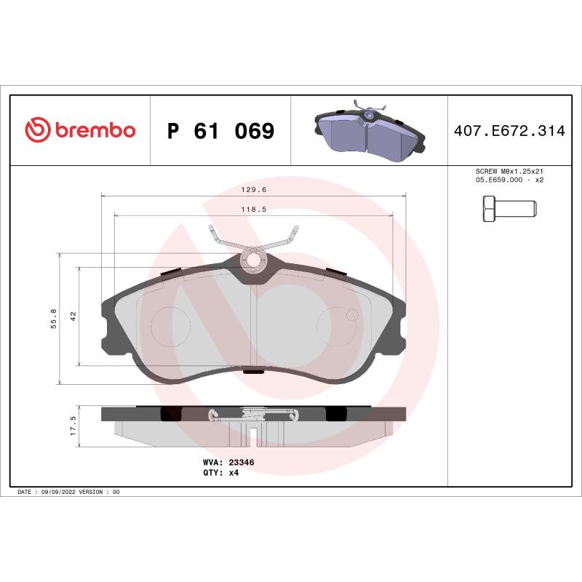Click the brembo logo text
tap(94, 130)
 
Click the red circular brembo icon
tap(37, 130)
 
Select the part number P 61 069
tap(220, 131)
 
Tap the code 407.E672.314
tap(509, 131)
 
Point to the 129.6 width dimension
tap(252, 189)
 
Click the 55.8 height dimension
tap(53, 319)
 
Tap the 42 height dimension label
tap(73, 316)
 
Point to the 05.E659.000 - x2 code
tap(509, 180)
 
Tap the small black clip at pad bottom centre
tap(252, 372)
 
